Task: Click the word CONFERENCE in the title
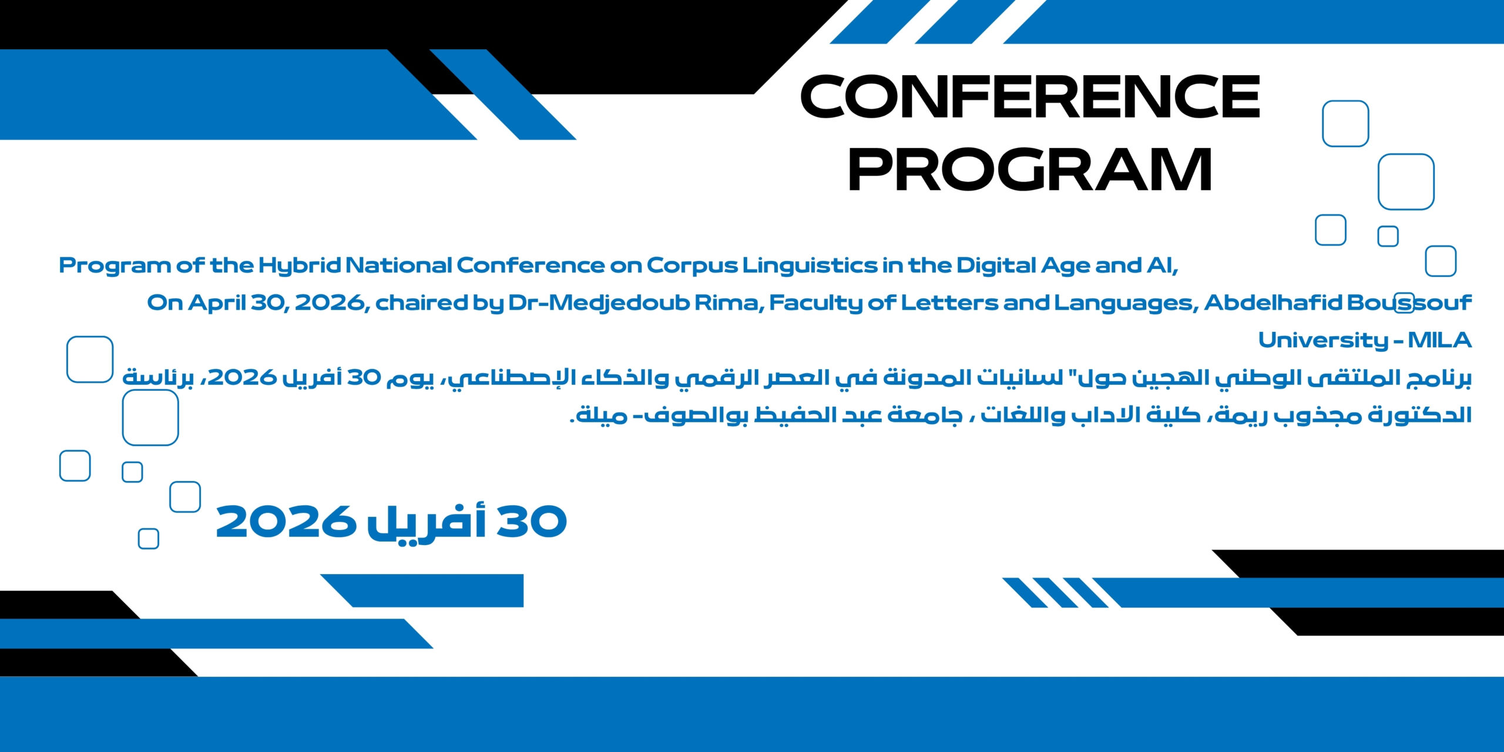click(x=1029, y=97)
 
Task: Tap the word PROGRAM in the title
click(x=1029, y=170)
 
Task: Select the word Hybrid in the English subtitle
click(x=300, y=266)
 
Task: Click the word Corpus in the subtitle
click(x=691, y=266)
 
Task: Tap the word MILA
click(x=1439, y=340)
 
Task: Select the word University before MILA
click(x=1322, y=340)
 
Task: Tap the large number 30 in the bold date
click(x=532, y=522)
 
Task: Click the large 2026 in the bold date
click(x=286, y=522)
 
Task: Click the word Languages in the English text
click(x=1124, y=303)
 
